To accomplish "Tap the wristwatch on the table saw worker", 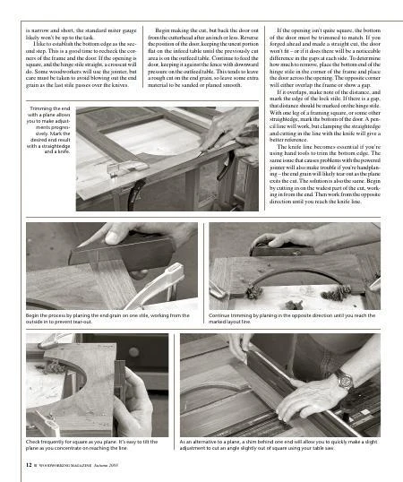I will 345,380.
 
